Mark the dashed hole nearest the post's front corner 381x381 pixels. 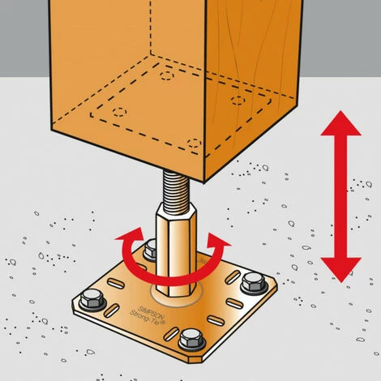[193, 143]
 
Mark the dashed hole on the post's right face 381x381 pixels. [238, 101]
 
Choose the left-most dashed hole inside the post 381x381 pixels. [118, 109]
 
